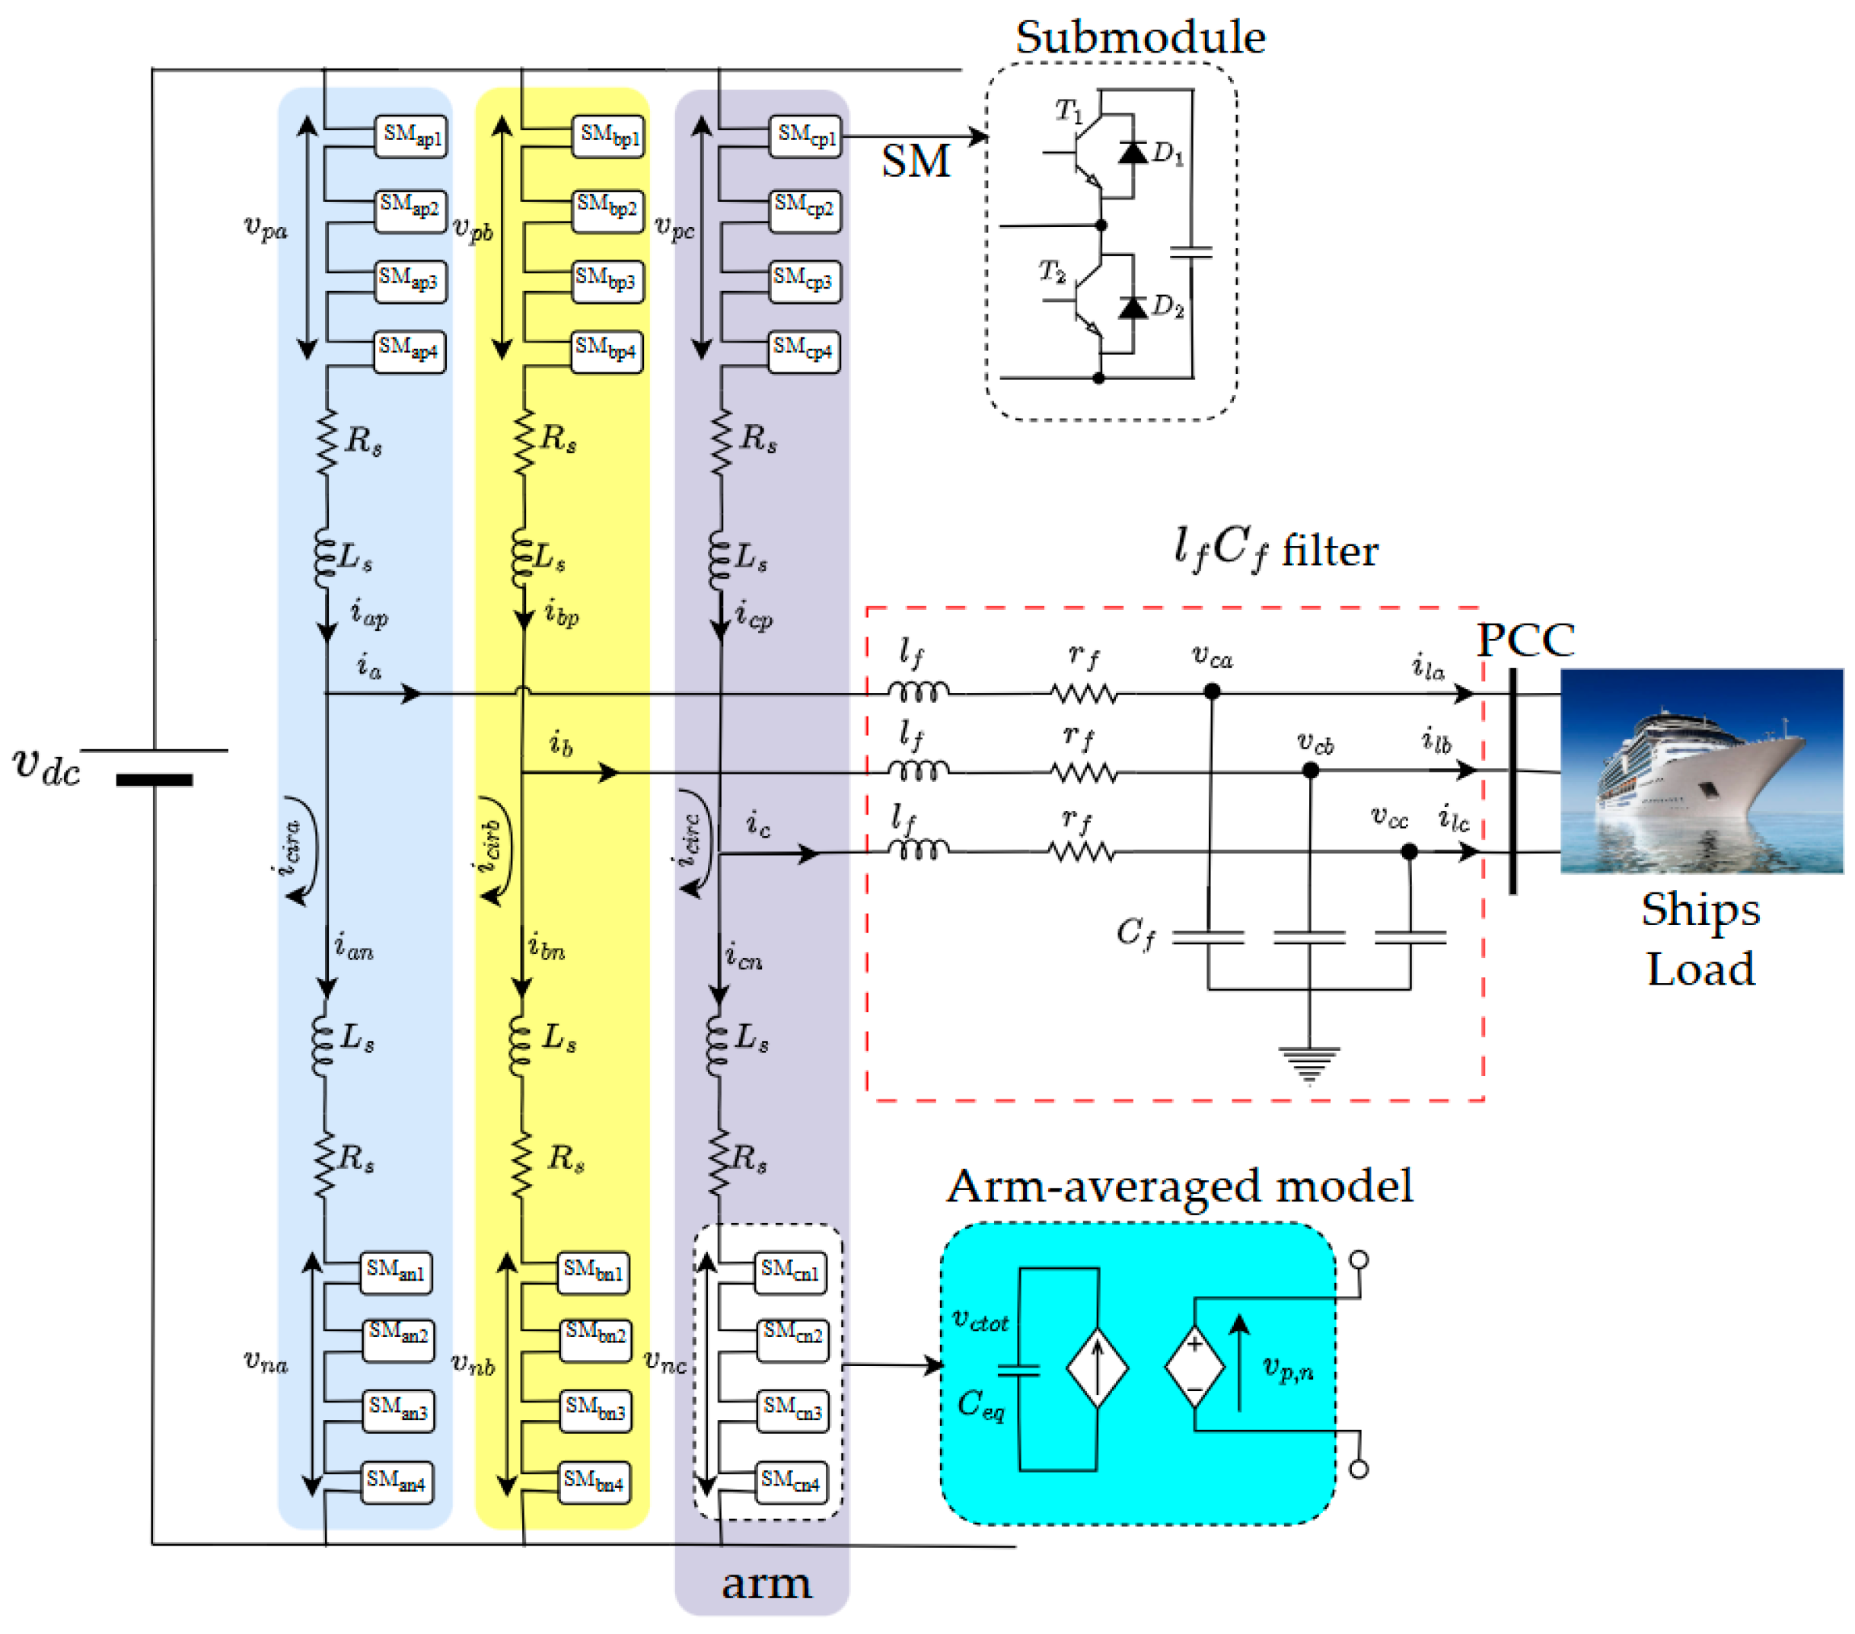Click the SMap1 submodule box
(411, 136)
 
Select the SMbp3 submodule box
(607, 279)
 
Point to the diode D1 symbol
(1132, 152)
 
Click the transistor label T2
(1052, 270)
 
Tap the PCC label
(1525, 641)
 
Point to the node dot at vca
(1212, 691)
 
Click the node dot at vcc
(1408, 851)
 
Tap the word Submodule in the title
(1139, 38)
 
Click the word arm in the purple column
(766, 1583)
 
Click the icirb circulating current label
(491, 845)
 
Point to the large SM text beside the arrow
(916, 161)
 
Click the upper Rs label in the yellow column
(558, 439)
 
